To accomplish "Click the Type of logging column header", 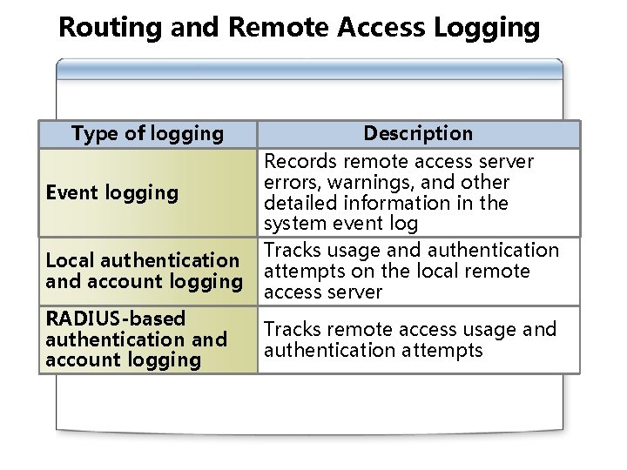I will point(147,133).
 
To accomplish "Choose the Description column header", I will point(418,133).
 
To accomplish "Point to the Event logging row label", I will point(111,192).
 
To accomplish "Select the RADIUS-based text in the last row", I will point(115,319).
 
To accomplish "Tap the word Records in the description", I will point(300,161).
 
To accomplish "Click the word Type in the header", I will point(92,133).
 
